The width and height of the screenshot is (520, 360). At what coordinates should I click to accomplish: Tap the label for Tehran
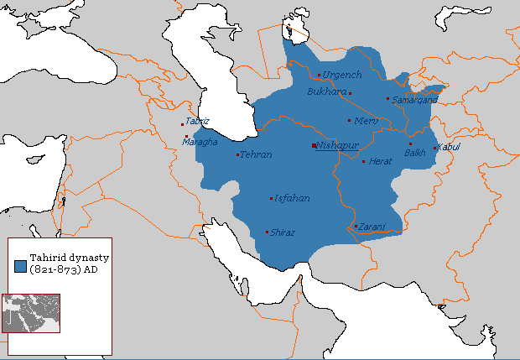(256, 155)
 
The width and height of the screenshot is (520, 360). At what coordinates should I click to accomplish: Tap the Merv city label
(367, 121)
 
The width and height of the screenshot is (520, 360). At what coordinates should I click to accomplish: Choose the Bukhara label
(326, 91)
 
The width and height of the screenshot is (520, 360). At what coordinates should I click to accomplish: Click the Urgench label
(341, 76)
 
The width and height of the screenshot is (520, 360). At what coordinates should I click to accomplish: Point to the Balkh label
(415, 153)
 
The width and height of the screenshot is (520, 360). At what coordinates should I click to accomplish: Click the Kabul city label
(450, 148)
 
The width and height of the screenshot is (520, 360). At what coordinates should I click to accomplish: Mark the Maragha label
(200, 142)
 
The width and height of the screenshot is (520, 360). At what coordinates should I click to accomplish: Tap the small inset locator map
(31, 313)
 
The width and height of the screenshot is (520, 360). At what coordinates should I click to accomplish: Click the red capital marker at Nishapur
(313, 146)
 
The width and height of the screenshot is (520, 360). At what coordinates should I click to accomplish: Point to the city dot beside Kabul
(434, 149)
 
